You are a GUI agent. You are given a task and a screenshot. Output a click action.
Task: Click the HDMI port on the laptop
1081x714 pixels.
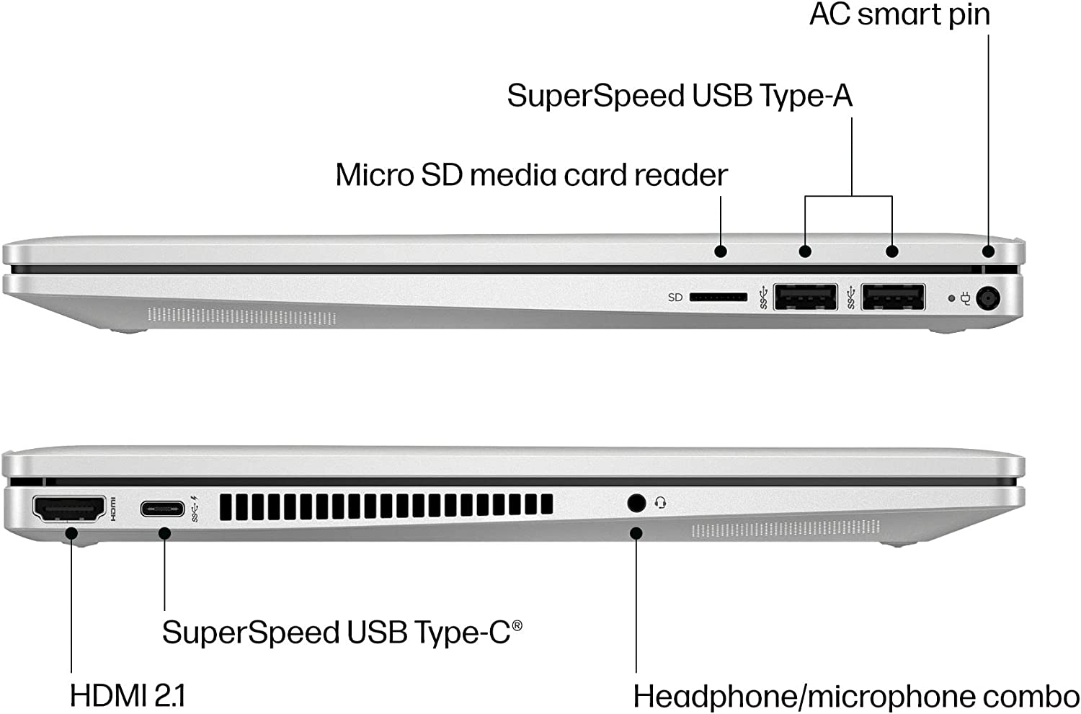click(68, 509)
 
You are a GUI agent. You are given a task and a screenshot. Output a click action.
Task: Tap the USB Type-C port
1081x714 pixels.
click(163, 509)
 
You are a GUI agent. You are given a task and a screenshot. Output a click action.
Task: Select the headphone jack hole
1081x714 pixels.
click(636, 502)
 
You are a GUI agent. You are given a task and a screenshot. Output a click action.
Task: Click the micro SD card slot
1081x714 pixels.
click(718, 297)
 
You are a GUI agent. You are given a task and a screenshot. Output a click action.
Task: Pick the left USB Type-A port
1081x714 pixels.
click(805, 297)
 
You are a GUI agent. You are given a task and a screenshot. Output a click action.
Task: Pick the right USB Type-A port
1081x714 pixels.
click(893, 297)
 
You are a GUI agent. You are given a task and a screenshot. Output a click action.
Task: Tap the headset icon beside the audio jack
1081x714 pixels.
click(660, 503)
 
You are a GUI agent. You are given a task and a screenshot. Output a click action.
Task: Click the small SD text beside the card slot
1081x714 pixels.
click(675, 298)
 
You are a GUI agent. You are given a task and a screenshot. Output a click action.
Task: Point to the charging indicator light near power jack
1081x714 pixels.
click(951, 298)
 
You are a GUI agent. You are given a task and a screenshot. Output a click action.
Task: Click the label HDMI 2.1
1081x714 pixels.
click(128, 696)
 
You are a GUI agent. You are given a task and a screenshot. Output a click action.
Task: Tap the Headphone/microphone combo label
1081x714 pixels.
click(856, 697)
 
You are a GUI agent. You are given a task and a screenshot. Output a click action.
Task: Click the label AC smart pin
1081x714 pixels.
click(899, 14)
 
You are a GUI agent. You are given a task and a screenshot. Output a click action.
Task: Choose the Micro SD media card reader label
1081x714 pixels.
click(531, 175)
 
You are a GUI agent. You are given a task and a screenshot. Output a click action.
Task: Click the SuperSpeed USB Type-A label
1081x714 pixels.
click(680, 96)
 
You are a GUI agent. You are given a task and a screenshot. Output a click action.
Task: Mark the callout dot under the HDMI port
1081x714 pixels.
click(71, 533)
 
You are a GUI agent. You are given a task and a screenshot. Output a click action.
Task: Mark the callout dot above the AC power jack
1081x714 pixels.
click(988, 251)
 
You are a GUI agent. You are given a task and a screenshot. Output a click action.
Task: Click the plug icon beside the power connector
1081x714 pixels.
click(966, 298)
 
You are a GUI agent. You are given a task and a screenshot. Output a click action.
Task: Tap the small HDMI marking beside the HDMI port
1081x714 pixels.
click(113, 509)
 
